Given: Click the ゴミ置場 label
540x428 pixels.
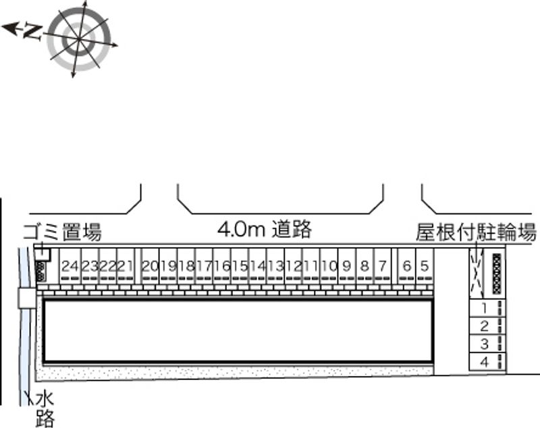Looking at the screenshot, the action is [x=62, y=233].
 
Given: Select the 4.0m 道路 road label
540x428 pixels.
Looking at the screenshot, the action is [x=265, y=230].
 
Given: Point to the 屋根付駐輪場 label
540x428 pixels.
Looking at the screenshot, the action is [x=477, y=233].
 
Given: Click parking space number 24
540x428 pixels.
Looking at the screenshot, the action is [x=70, y=267].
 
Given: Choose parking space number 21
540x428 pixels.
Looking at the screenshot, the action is [x=125, y=267].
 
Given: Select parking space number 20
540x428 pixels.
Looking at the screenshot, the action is [x=150, y=267].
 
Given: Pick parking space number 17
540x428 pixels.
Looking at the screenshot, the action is [x=204, y=267].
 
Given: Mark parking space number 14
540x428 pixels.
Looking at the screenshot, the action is [x=257, y=267].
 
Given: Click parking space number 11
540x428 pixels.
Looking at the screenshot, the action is [x=311, y=267].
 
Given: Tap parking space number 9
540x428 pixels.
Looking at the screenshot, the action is [x=346, y=267].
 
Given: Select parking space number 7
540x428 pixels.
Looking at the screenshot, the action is [x=382, y=267].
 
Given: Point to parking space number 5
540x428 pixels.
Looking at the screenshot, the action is [x=424, y=267].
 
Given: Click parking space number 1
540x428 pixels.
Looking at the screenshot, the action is [x=484, y=308].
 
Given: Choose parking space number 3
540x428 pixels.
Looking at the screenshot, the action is [x=484, y=344].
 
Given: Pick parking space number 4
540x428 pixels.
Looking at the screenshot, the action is [x=484, y=362].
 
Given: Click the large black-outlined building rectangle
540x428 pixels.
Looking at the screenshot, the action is [x=238, y=331].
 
